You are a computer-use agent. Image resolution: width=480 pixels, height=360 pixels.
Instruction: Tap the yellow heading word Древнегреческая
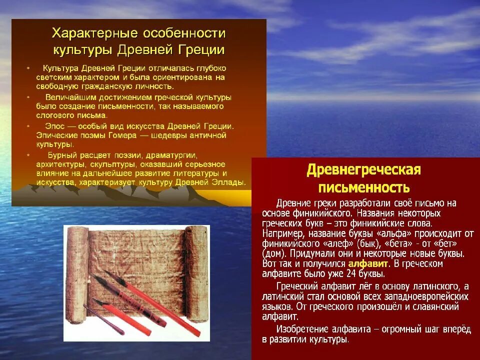363,170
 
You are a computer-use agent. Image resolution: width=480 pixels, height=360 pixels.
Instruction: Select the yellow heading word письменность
364,187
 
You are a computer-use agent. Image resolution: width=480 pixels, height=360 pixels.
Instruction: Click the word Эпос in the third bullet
55,126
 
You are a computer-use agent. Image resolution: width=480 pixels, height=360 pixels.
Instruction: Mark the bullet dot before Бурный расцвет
28,155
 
